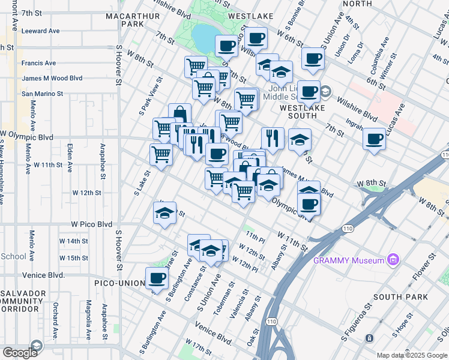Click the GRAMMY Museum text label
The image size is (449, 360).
349,260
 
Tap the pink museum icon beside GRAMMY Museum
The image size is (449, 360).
393,260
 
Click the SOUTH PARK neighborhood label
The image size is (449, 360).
400,297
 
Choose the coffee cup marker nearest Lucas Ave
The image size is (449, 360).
375,139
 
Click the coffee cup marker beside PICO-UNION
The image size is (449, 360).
157,278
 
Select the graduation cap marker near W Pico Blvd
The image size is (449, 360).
164,212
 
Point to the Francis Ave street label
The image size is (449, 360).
38,63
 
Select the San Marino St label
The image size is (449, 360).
42,94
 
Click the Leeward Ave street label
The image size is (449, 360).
40,31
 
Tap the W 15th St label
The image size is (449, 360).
73,258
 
